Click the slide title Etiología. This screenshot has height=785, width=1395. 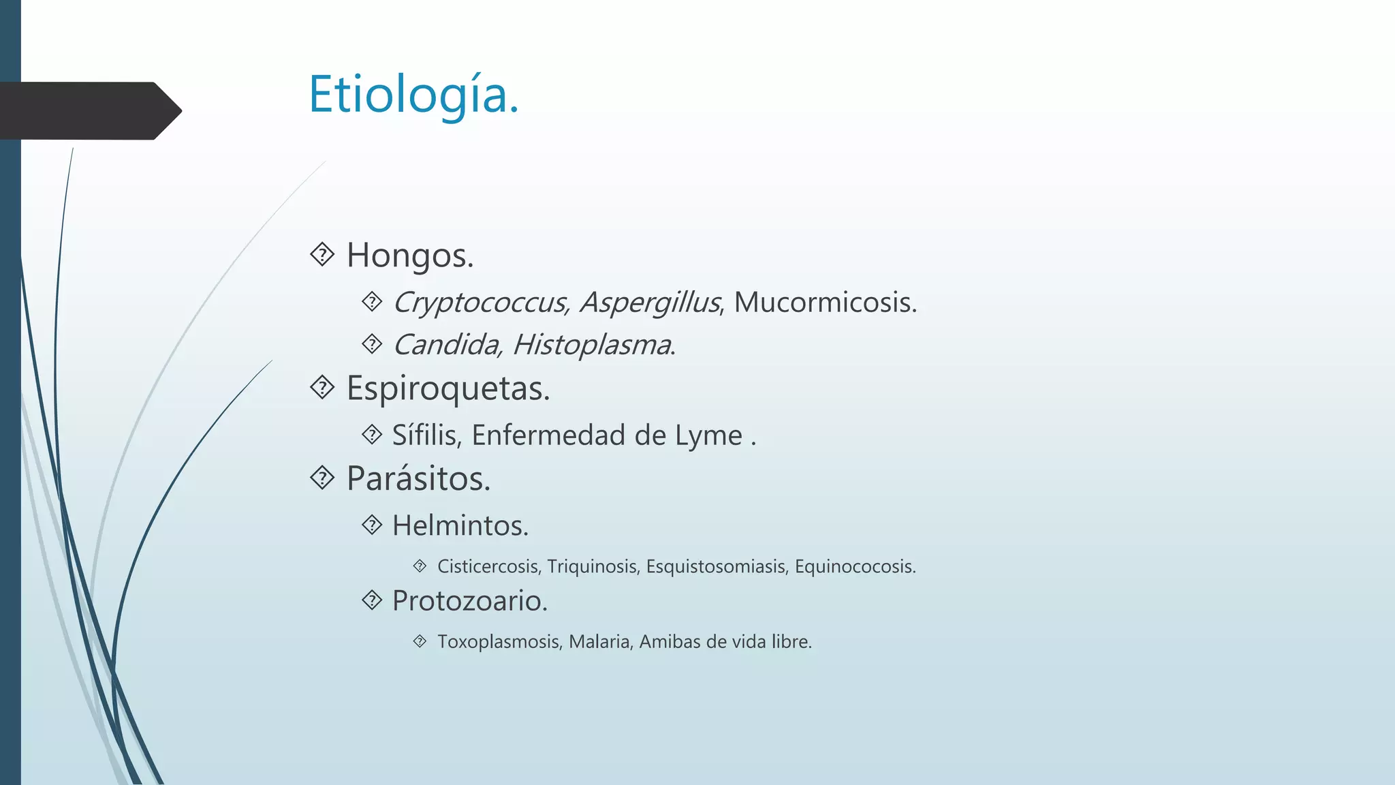coord(413,95)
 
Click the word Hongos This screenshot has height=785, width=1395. coord(409,256)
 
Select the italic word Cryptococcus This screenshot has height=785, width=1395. coord(481,303)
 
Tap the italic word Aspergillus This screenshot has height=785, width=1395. coord(650,303)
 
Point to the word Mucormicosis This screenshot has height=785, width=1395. coord(825,303)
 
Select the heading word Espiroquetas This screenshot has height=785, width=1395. coord(448,388)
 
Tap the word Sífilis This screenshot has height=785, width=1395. coord(426,435)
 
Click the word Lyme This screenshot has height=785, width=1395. coord(708,435)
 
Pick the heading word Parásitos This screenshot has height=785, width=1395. coord(418,478)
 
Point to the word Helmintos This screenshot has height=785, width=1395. coord(460,526)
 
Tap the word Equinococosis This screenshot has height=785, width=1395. coord(855,566)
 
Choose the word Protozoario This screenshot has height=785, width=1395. coord(469,601)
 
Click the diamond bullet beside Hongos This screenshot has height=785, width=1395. coord(322,255)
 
